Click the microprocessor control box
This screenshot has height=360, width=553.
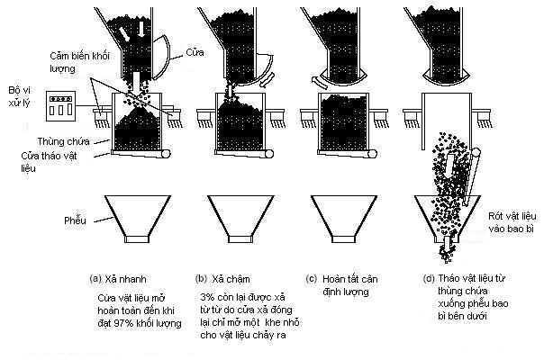pyautogui.click(x=61, y=106)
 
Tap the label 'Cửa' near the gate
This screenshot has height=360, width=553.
pyautogui.click(x=195, y=52)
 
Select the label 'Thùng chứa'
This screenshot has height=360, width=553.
pyautogui.click(x=63, y=141)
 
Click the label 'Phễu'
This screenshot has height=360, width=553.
pyautogui.click(x=75, y=220)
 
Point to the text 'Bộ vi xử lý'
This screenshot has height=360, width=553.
pyautogui.click(x=20, y=96)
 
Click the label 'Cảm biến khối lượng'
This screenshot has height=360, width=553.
pyautogui.click(x=79, y=62)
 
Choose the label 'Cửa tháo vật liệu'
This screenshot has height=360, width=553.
pyautogui.click(x=49, y=162)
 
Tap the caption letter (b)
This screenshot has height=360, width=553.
pyautogui.click(x=202, y=279)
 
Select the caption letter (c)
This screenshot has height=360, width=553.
pyautogui.click(x=312, y=279)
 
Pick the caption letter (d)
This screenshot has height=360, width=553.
pyautogui.click(x=429, y=279)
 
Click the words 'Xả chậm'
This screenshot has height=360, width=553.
pyautogui.click(x=231, y=279)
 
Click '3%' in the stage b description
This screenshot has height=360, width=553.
pyautogui.click(x=207, y=297)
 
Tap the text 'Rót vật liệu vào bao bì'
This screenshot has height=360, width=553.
pyautogui.click(x=512, y=222)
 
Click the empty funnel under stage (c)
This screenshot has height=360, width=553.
pyautogui.click(x=344, y=219)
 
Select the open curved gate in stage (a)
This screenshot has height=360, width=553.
pyautogui.click(x=161, y=57)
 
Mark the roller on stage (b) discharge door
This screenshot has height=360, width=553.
pyautogui.click(x=269, y=154)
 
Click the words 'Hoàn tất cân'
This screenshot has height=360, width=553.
pyautogui.click(x=350, y=279)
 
